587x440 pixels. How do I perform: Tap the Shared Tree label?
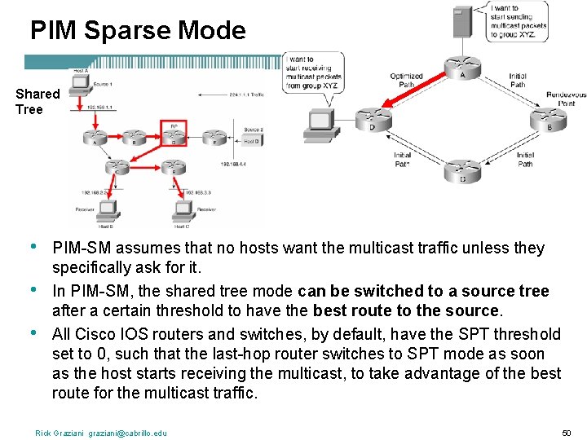click(x=37, y=101)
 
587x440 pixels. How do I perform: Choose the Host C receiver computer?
click(x=181, y=209)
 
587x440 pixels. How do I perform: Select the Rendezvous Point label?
click(x=566, y=99)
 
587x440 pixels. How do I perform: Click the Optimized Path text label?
click(x=406, y=80)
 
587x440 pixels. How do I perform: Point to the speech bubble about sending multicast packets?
click(x=518, y=22)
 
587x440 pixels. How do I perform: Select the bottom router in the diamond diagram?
click(x=462, y=172)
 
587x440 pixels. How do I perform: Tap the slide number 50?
click(x=567, y=432)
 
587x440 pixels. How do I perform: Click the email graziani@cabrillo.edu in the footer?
click(x=127, y=433)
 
